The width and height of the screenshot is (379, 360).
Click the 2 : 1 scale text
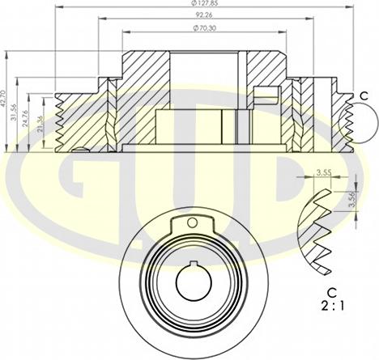(x=331, y=307)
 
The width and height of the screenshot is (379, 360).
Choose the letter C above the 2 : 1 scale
(x=331, y=291)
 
